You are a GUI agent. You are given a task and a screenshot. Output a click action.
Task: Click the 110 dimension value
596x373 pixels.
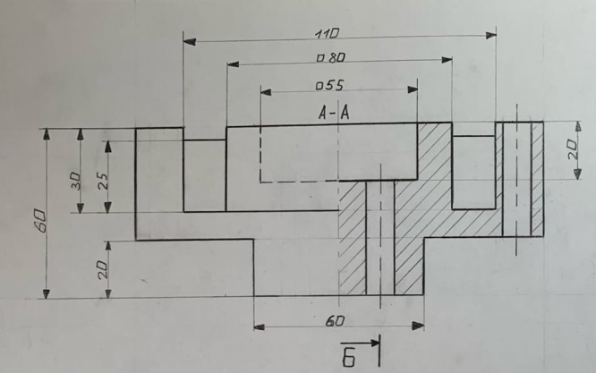click(x=327, y=34)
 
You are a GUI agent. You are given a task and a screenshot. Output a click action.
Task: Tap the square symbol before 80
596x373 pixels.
click(x=320, y=58)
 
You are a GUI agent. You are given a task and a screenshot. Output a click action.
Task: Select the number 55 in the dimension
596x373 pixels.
click(x=335, y=85)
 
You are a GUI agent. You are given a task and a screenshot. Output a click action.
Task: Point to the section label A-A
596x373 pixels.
click(x=334, y=113)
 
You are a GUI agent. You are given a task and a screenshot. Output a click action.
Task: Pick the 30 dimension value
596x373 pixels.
click(x=76, y=182)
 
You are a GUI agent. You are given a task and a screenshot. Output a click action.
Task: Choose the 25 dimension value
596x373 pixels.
click(x=103, y=182)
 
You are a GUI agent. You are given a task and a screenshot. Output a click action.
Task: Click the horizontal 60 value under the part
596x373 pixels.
click(x=335, y=321)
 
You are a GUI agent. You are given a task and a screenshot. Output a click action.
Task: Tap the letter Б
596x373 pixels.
click(x=348, y=359)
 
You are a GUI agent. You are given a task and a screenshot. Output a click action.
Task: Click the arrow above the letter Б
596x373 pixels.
click(x=360, y=343)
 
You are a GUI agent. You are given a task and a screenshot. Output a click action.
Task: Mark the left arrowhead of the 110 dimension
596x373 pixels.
click(x=190, y=41)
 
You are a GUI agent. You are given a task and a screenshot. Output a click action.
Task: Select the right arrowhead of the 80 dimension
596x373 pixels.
click(x=447, y=60)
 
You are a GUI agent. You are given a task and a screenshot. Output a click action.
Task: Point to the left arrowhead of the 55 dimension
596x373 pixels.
click(x=266, y=92)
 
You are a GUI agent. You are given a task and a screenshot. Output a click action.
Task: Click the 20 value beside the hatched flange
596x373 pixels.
click(x=574, y=148)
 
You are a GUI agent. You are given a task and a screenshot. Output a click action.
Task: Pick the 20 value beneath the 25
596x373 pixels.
click(x=103, y=269)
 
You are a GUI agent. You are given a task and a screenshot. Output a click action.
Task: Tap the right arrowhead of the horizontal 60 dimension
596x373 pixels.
click(x=418, y=326)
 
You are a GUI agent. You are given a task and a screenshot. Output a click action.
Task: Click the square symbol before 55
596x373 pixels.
click(x=319, y=86)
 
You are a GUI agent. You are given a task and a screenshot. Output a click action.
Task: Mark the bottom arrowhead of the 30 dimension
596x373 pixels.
click(x=81, y=208)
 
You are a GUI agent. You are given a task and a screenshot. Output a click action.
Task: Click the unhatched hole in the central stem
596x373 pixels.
click(x=380, y=238)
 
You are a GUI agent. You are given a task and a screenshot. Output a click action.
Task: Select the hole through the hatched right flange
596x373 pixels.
click(x=516, y=179)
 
